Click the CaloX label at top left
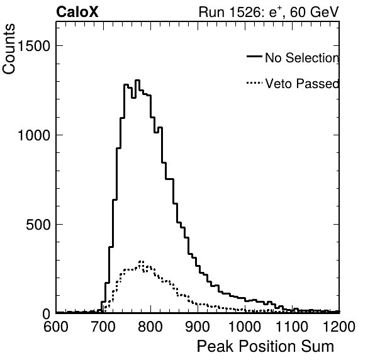pyautogui.click(x=77, y=12)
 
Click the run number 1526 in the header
pyautogui.click(x=245, y=12)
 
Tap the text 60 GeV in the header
pyautogui.click(x=314, y=12)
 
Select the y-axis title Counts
pyautogui.click(x=9, y=49)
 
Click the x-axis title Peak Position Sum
pyautogui.click(x=266, y=346)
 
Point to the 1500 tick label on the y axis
pyautogui.click(x=34, y=46)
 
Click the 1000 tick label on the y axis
pyautogui.click(x=34, y=135)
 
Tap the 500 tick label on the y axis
pyautogui.click(x=38, y=225)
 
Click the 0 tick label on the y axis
pyautogui.click(x=47, y=314)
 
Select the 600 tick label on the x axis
pyautogui.click(x=56, y=326)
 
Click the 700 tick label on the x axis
pyautogui.click(x=103, y=326)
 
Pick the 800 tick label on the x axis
pyautogui.click(x=150, y=326)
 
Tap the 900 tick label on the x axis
pyautogui.click(x=198, y=326)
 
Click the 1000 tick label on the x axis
pyautogui.click(x=245, y=326)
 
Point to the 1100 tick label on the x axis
pyautogui.click(x=292, y=326)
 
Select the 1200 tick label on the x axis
pyautogui.click(x=339, y=326)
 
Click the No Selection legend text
pyautogui.click(x=302, y=58)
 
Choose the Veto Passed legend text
pyautogui.click(x=302, y=84)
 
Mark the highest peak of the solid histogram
pyautogui.click(x=137, y=81)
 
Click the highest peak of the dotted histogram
pyautogui.click(x=141, y=261)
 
